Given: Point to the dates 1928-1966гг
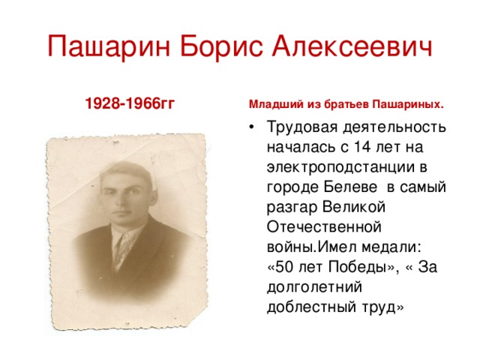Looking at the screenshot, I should (130, 103).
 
